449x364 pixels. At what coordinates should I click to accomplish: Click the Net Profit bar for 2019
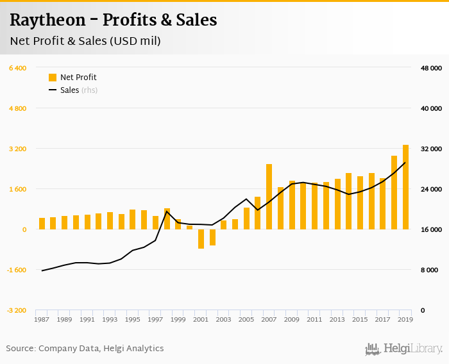(405, 186)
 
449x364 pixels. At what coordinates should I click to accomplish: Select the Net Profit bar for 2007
(269, 197)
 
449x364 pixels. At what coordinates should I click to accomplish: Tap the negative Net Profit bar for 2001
(201, 238)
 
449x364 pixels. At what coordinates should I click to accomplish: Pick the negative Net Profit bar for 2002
(212, 237)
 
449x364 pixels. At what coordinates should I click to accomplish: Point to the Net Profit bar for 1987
(42, 224)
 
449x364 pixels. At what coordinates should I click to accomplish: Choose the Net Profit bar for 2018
(394, 192)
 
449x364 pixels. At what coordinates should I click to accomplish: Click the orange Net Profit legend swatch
(53, 78)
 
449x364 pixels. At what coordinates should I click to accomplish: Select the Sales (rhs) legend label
(79, 90)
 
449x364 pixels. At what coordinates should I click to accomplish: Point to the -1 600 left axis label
(17, 270)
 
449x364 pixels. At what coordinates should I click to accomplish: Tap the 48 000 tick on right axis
(431, 68)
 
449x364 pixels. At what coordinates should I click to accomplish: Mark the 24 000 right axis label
(431, 189)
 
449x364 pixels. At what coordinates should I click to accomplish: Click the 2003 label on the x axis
(223, 319)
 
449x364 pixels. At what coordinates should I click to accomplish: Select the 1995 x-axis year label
(132, 319)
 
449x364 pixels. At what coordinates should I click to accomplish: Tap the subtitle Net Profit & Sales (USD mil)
(85, 41)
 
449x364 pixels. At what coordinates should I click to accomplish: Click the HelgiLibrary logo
(403, 349)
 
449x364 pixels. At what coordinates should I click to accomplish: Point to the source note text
(85, 349)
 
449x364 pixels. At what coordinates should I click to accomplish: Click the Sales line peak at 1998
(167, 211)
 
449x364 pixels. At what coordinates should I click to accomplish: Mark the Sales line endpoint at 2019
(405, 163)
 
